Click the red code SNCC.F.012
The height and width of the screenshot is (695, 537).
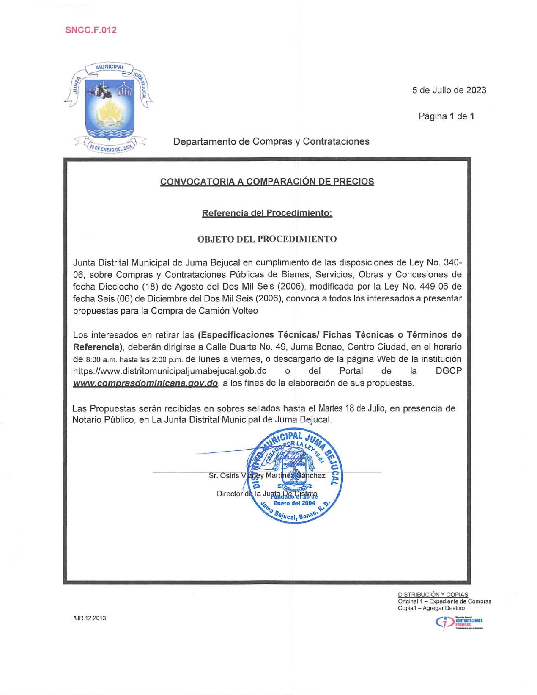91,30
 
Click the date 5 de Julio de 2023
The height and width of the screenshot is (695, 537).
449,90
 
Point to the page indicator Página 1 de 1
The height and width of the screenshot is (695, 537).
446,116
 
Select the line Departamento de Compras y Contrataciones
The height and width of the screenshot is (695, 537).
271,141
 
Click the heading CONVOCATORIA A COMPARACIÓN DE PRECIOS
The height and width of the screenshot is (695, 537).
267,182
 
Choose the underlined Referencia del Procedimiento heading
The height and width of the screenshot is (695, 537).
267,213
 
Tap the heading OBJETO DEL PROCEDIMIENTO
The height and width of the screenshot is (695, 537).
267,239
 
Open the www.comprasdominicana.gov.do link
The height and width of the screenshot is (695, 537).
145,383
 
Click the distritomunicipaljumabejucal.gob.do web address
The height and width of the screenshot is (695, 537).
170,371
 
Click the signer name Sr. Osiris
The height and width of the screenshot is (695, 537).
224,476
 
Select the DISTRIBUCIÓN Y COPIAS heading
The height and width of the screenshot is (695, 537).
433,595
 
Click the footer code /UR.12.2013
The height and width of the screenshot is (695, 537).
89,618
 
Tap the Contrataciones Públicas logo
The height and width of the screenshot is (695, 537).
459,622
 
